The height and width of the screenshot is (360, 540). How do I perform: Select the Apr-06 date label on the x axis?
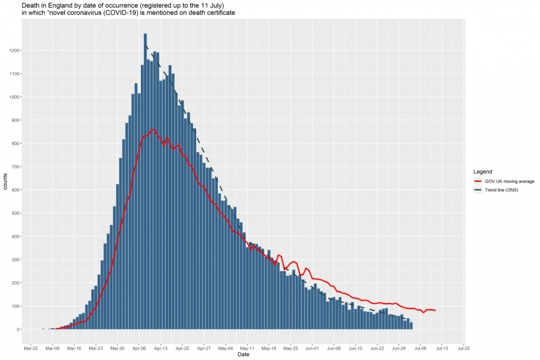click(139, 348)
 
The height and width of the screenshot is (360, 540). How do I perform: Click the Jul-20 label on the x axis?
click(464, 348)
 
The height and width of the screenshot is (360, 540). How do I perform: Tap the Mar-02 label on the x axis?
click(31, 348)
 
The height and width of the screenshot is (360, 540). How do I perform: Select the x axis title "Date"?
click(244, 355)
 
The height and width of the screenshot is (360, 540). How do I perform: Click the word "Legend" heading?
click(483, 172)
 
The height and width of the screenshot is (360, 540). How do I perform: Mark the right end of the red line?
click(436, 310)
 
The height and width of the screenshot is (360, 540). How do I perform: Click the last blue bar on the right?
click(411, 326)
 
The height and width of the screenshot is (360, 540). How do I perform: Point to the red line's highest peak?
click(153, 129)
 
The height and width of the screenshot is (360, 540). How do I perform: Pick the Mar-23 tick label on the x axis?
click(96, 348)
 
